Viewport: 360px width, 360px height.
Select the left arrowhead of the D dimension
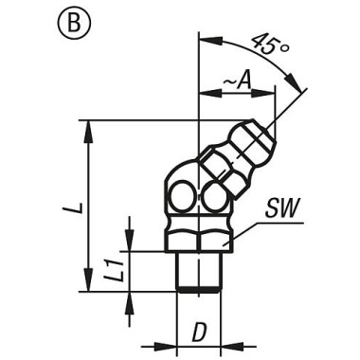171,344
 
